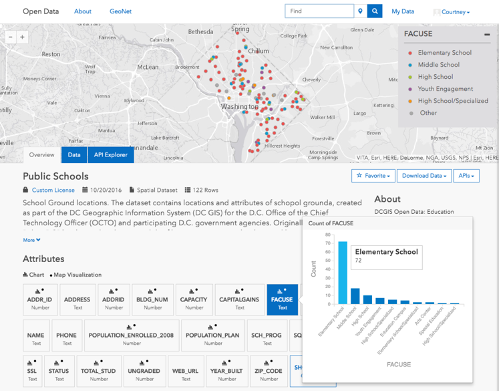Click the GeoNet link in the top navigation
[120, 11]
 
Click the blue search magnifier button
[375, 11]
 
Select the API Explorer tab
[110, 155]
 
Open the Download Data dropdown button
[424, 176]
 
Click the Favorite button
[373, 176]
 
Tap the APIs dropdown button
[466, 176]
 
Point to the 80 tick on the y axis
[327, 235]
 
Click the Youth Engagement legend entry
[445, 89]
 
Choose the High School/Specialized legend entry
[453, 101]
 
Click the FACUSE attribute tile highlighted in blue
[282, 299]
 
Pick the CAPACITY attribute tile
[194, 299]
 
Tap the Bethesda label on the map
[200, 31]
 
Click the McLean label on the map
[148, 67]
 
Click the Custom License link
[53, 190]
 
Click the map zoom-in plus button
[23, 37]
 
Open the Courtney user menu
[452, 12]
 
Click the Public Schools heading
[55, 176]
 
